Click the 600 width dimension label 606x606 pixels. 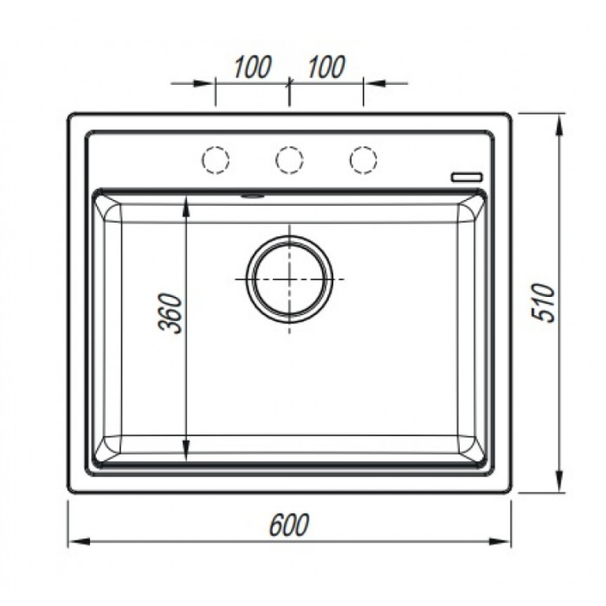(289, 524)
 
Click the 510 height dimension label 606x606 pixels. (544, 302)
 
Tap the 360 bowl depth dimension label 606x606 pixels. (170, 313)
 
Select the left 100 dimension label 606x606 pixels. (252, 67)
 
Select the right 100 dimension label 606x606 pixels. (326, 67)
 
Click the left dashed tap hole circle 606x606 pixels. (216, 160)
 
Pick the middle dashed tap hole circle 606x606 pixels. (289, 160)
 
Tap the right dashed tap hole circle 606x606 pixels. (363, 160)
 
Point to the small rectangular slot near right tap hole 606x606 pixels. (467, 177)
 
